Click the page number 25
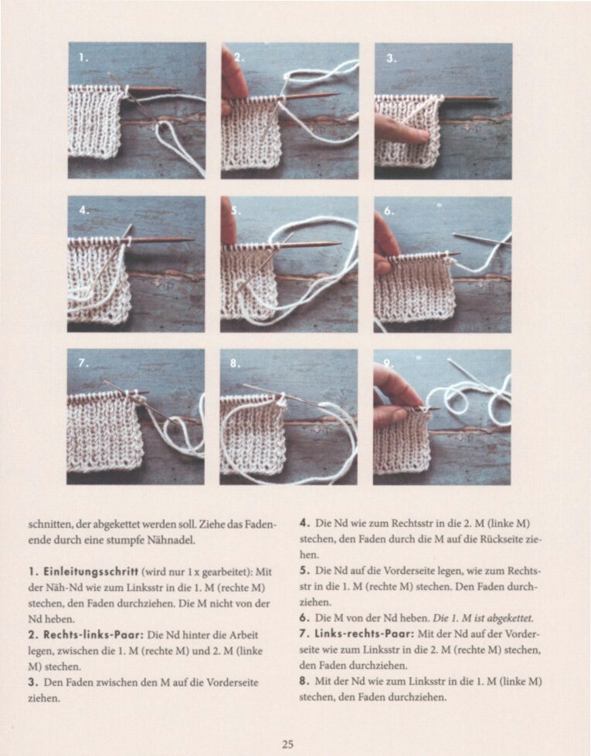coord(287,744)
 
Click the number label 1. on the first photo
coord(83,57)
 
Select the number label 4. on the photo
coord(83,209)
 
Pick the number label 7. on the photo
coord(83,362)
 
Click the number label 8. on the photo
coord(236,363)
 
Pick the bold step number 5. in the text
coord(304,571)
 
